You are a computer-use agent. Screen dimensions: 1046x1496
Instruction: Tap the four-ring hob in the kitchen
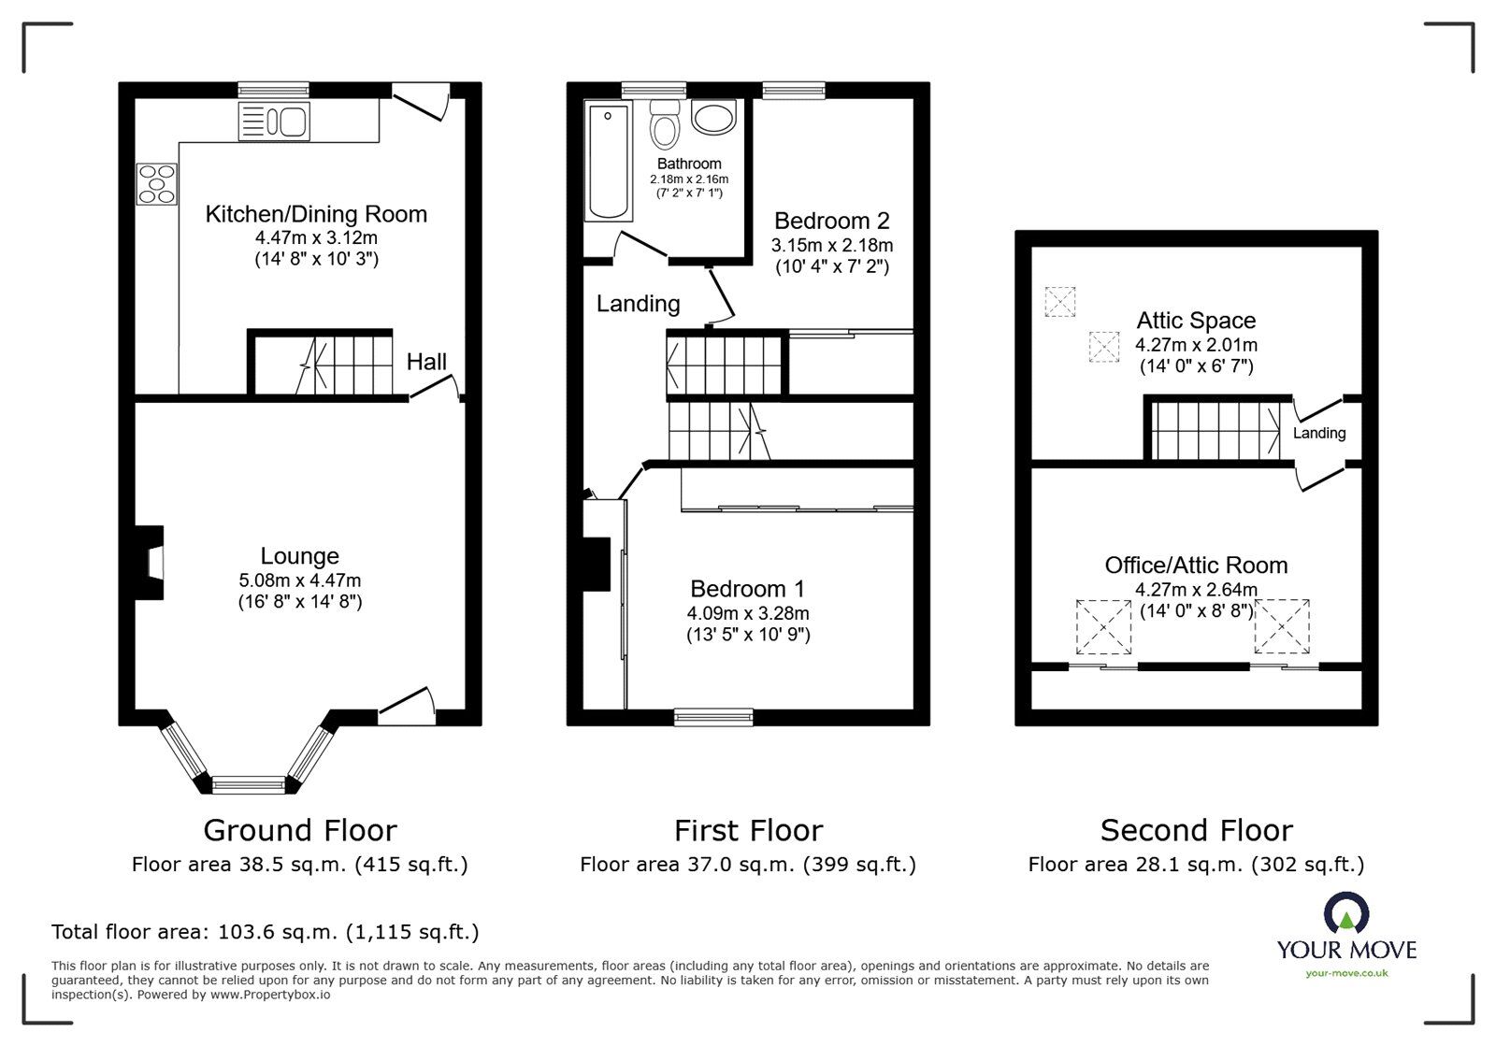(x=157, y=183)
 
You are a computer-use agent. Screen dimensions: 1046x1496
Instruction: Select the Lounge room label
(x=299, y=556)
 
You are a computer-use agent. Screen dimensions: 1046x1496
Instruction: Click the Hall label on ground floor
(x=426, y=362)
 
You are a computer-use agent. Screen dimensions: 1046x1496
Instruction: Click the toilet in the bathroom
(x=665, y=125)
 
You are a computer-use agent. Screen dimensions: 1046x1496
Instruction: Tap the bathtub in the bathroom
(x=608, y=163)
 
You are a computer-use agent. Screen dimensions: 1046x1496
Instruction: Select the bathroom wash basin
(x=715, y=118)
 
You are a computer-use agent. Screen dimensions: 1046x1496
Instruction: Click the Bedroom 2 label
(x=831, y=222)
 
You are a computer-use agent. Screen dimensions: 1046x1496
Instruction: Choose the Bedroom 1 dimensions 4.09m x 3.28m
(x=748, y=614)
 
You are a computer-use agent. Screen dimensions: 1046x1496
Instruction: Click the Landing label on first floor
(x=639, y=304)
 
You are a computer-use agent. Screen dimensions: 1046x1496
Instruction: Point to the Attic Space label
(x=1196, y=321)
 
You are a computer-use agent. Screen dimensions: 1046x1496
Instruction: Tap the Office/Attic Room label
(x=1196, y=565)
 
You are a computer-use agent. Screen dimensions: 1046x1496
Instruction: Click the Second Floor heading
(x=1196, y=830)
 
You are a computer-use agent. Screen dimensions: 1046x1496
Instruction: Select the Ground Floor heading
(x=300, y=830)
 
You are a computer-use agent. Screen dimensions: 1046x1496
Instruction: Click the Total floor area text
(x=265, y=932)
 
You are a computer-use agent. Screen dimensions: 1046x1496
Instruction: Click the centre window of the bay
(x=248, y=785)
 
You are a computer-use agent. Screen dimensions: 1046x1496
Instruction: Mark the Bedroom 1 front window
(x=714, y=717)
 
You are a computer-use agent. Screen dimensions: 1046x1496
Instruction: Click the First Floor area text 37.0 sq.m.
(x=748, y=865)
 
